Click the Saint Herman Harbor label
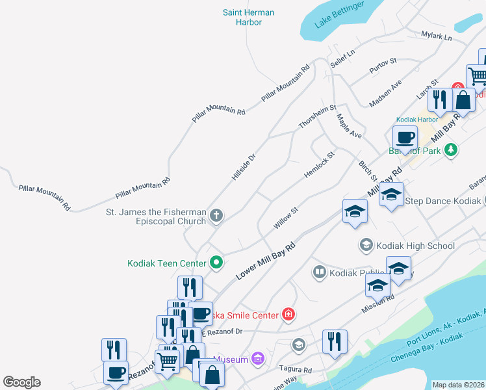[x=248, y=18]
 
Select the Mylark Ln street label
[x=436, y=36]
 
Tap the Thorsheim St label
[x=317, y=116]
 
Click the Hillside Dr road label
[x=244, y=167]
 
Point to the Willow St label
[x=285, y=218]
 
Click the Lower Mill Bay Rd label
[x=266, y=261]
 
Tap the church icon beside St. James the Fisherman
[x=217, y=214]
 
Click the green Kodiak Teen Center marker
[x=217, y=263]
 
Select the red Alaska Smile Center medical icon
[x=288, y=315]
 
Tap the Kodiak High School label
[x=415, y=246]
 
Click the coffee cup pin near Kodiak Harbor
[x=405, y=138]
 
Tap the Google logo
[x=21, y=382]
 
